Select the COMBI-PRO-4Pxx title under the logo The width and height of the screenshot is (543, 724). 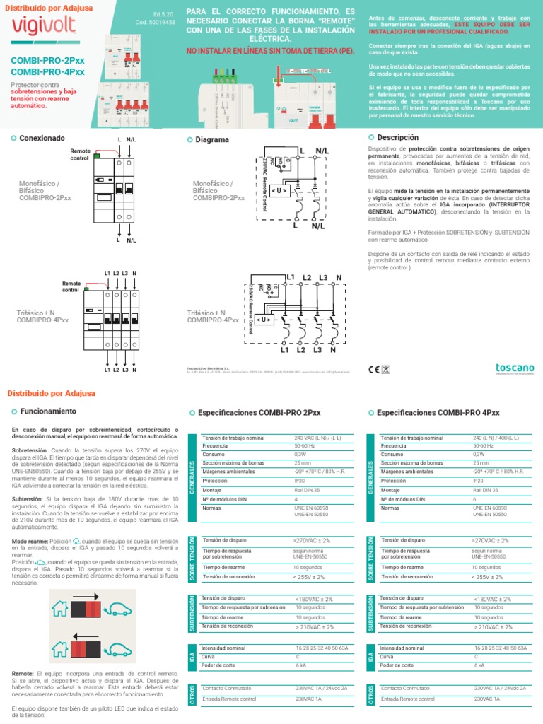coord(47,72)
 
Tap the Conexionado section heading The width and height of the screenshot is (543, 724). coord(42,138)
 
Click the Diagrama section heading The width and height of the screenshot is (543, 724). coord(212,140)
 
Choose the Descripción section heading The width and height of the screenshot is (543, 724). coord(397,137)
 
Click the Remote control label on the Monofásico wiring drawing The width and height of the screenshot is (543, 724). coord(79,155)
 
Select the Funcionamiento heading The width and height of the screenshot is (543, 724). coord(48,411)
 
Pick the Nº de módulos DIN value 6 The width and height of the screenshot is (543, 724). coord(475,498)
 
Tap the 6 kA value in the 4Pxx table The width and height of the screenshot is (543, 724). coord(479,665)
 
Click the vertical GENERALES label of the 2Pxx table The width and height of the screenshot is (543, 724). coord(193,475)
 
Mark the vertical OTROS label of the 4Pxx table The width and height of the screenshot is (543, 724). coord(370,693)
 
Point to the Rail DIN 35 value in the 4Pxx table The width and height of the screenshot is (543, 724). coord(486,489)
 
